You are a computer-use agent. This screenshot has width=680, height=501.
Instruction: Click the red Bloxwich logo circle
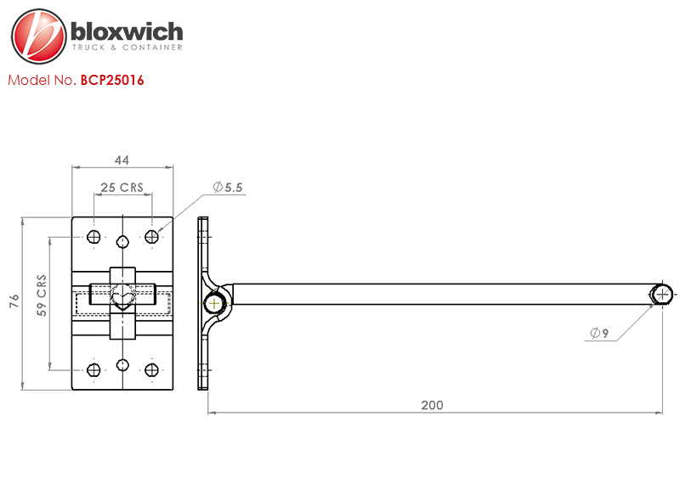pyautogui.click(x=39, y=36)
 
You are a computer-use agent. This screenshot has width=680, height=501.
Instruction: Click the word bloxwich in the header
pyautogui.click(x=127, y=31)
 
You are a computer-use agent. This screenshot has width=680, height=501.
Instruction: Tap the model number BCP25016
pyautogui.click(x=112, y=80)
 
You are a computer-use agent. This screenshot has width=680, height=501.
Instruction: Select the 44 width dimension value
pyautogui.click(x=122, y=160)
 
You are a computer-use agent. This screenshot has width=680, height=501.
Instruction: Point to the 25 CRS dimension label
pyautogui.click(x=122, y=187)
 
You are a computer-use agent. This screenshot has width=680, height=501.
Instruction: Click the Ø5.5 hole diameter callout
pyautogui.click(x=228, y=187)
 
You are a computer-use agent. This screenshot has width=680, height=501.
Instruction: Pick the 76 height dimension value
pyautogui.click(x=14, y=301)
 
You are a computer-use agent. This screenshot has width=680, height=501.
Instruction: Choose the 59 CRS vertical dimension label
pyautogui.click(x=41, y=296)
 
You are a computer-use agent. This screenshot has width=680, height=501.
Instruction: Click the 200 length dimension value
pyautogui.click(x=432, y=405)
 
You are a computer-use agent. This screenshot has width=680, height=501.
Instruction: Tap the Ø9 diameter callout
pyautogui.click(x=599, y=332)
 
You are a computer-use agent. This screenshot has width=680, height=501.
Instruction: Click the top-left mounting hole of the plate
pyautogui.click(x=93, y=237)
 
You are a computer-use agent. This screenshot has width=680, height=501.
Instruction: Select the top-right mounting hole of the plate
pyautogui.click(x=151, y=237)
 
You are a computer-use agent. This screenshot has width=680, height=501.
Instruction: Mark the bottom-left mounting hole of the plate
pyautogui.click(x=93, y=370)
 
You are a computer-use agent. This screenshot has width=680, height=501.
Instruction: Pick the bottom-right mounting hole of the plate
pyautogui.click(x=151, y=370)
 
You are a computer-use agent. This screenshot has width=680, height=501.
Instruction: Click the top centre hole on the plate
pyautogui.click(x=122, y=241)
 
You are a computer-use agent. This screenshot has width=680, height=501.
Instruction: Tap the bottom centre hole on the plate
pyautogui.click(x=122, y=365)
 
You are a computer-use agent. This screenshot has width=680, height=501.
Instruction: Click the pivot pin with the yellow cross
pyautogui.click(x=215, y=303)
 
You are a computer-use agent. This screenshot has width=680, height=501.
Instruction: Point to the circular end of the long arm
pyautogui.click(x=662, y=295)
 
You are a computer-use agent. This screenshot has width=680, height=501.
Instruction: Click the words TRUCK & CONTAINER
pyautogui.click(x=127, y=48)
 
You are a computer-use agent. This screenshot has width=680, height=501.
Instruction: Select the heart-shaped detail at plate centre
pyautogui.click(x=122, y=298)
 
